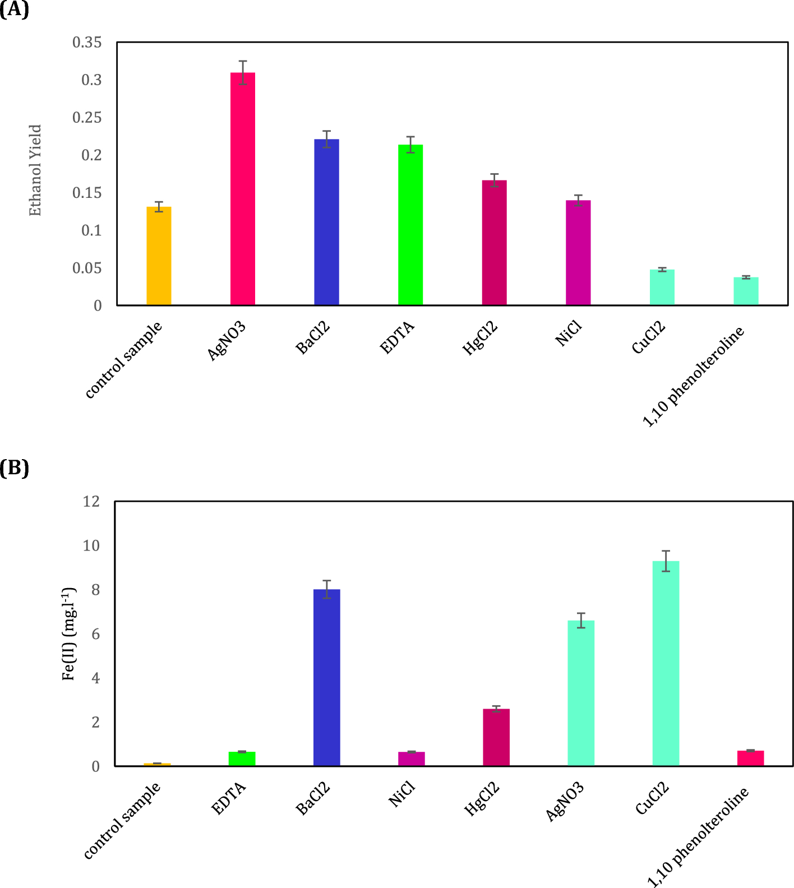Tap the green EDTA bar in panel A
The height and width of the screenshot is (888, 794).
tap(410, 225)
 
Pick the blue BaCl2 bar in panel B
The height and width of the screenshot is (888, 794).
tap(327, 678)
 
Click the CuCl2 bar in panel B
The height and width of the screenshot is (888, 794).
tap(666, 664)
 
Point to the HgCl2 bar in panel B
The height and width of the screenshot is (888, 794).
tap(496, 737)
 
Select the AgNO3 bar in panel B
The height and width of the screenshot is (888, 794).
tap(581, 693)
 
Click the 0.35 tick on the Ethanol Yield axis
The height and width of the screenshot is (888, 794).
tap(87, 43)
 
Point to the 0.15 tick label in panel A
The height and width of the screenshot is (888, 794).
tap(87, 193)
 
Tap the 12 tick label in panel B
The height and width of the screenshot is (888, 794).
tap(91, 502)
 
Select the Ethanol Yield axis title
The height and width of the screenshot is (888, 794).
tap(35, 170)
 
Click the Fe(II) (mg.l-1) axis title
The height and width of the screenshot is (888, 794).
tap(69, 634)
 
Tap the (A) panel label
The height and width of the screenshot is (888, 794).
tap(14, 10)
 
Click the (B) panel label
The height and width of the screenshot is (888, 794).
tap(14, 468)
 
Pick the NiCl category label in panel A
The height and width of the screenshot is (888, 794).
tap(569, 335)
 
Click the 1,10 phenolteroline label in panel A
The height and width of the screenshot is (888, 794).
tap(694, 377)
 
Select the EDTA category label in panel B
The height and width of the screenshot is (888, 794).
tap(229, 799)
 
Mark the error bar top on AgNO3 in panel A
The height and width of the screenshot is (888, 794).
tap(243, 61)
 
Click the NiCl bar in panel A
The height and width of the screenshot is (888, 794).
tap(578, 253)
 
